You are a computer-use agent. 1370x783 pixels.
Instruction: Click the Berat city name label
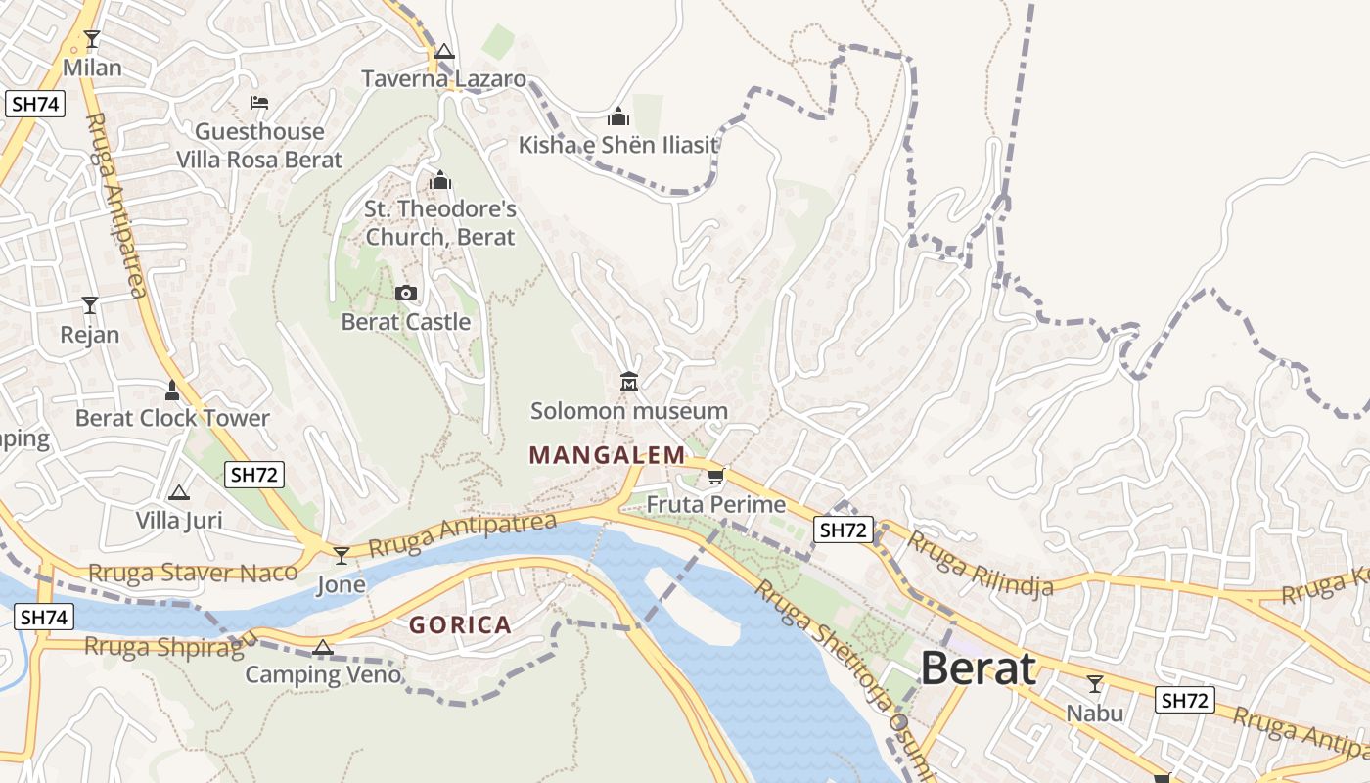[978, 669]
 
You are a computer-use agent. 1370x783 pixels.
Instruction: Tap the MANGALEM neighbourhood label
[607, 455]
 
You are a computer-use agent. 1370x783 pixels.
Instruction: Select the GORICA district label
[460, 625]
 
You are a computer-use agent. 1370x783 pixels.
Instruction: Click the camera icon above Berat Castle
[405, 293]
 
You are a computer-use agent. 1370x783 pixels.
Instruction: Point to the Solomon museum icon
[628, 381]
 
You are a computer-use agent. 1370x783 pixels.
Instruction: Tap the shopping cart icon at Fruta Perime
[715, 477]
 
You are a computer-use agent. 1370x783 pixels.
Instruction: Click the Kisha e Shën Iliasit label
[618, 146]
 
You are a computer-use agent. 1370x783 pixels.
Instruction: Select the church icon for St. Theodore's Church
[439, 180]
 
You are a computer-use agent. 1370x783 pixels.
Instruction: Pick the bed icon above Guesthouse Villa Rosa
[259, 102]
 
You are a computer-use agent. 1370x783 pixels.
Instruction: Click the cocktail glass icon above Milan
[92, 39]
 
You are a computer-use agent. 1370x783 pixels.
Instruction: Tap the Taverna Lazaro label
[443, 79]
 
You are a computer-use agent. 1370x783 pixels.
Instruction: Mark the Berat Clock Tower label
[172, 418]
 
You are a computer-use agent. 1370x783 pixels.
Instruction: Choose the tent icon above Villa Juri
[178, 492]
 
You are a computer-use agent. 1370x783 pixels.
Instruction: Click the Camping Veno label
[323, 674]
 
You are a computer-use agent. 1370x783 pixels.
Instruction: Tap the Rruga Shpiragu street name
[171, 645]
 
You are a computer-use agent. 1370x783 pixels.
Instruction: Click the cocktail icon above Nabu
[1094, 683]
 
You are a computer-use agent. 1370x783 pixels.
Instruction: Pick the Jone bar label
[341, 585]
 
